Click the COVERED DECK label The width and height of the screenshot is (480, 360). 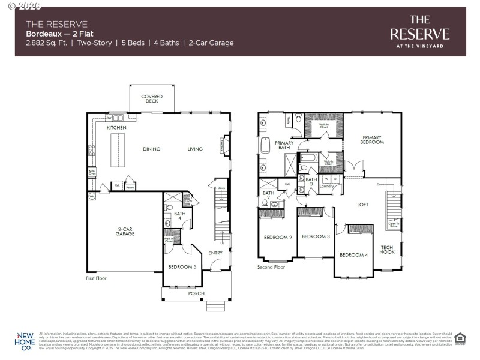point(152,98)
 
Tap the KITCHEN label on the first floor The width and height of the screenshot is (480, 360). point(116,128)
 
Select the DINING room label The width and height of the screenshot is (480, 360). point(152,149)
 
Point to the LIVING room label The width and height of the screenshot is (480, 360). point(195,149)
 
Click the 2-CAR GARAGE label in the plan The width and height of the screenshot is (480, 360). point(125,232)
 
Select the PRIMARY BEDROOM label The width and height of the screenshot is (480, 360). point(372,140)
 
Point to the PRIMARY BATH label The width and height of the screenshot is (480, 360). point(284,145)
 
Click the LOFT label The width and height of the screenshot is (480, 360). point(362,205)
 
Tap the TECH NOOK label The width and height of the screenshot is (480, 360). point(387,250)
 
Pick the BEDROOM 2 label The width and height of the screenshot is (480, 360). point(278,238)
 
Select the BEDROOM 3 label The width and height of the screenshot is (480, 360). point(316,237)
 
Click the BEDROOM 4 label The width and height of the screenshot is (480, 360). point(353,255)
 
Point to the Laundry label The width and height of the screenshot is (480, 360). point(326,186)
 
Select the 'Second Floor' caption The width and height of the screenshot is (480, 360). point(272,267)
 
